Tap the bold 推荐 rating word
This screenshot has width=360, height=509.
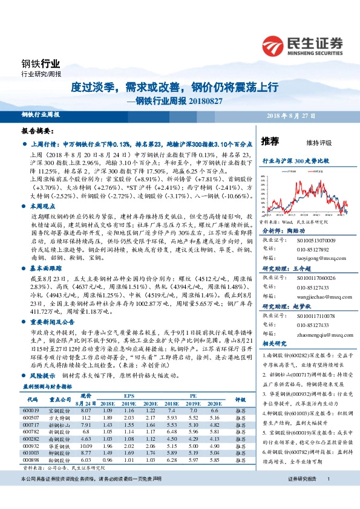pos(270,141)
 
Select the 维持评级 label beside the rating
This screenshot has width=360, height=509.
pos(319,142)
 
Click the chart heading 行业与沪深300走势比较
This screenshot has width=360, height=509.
pos(295,162)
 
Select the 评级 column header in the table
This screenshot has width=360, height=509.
pos(240,400)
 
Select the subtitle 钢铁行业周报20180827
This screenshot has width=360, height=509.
pos(180,100)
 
